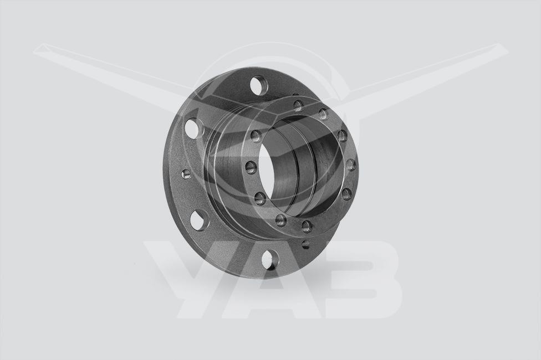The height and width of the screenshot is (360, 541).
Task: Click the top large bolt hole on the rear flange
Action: [x=259, y=85]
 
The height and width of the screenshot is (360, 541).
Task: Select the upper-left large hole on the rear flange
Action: [x=192, y=127]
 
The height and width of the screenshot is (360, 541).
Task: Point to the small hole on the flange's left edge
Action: [x=186, y=174]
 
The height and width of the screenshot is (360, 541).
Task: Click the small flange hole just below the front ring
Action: [x=305, y=244]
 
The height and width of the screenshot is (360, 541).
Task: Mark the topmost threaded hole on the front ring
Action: [x=298, y=106]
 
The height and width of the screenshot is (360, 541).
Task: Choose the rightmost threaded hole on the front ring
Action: [x=350, y=165]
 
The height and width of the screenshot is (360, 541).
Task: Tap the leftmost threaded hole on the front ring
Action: [x=252, y=168]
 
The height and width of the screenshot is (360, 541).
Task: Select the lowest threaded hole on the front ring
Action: [x=307, y=225]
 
